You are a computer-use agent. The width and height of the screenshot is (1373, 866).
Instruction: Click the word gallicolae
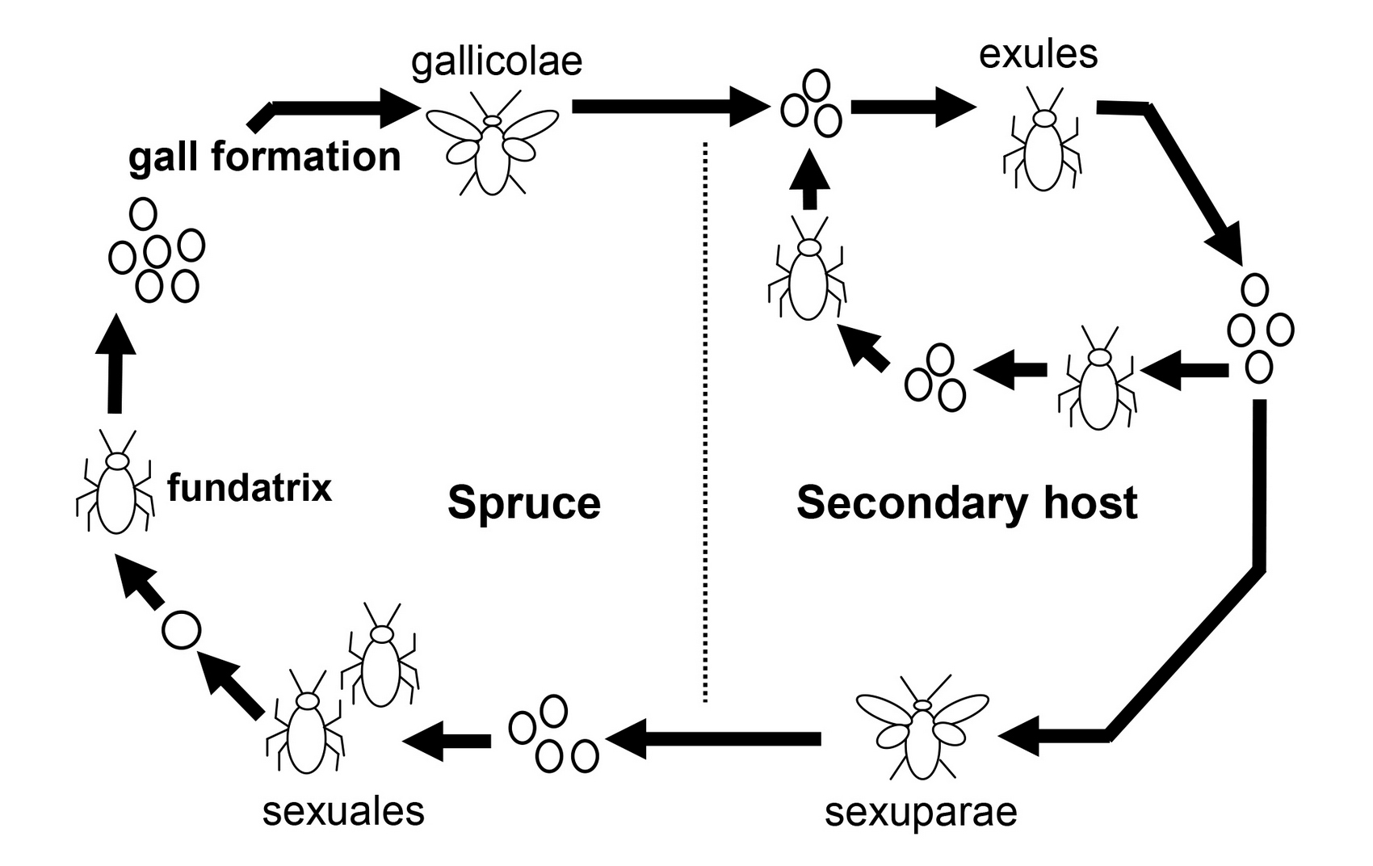click(x=497, y=62)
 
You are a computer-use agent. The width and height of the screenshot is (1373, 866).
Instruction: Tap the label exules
click(x=1038, y=54)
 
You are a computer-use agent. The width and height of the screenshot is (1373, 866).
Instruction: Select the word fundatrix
click(x=250, y=488)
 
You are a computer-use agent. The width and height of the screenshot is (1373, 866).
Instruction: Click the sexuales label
click(x=343, y=811)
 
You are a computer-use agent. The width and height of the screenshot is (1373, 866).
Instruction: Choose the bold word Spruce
click(x=524, y=503)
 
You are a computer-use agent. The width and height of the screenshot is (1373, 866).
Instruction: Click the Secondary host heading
click(x=968, y=502)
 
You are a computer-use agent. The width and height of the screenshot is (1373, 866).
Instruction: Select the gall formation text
click(x=264, y=157)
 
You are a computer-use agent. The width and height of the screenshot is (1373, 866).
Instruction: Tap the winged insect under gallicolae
click(x=492, y=143)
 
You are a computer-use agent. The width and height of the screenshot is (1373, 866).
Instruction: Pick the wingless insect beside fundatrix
click(x=115, y=482)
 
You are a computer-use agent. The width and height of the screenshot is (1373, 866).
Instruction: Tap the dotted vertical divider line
click(x=706, y=422)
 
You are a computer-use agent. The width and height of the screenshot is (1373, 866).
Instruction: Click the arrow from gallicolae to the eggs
click(x=670, y=107)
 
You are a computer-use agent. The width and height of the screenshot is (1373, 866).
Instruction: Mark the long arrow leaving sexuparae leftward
click(x=713, y=738)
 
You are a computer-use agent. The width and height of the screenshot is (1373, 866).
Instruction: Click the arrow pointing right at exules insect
click(x=913, y=107)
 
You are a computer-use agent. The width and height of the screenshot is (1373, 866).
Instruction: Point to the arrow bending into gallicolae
click(x=334, y=108)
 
